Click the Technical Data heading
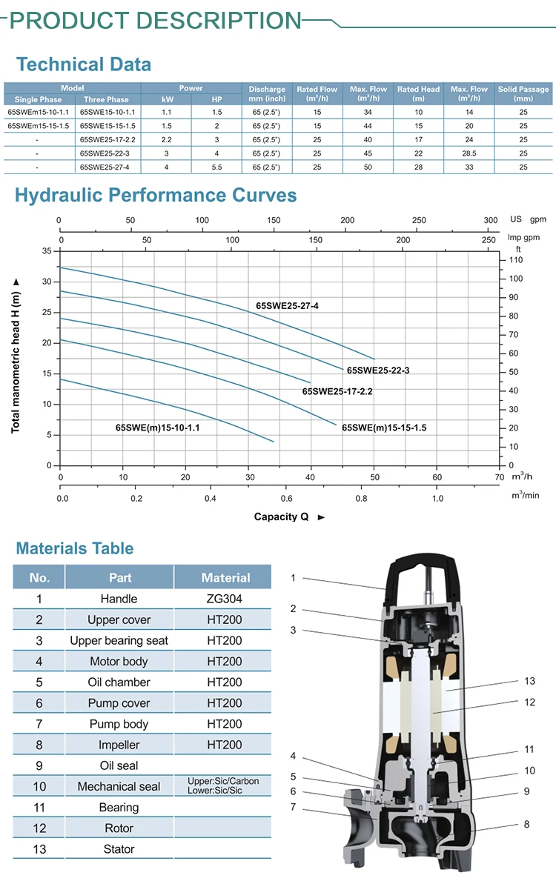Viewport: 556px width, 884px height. click(x=83, y=64)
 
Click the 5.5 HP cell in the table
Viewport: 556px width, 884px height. click(x=216, y=167)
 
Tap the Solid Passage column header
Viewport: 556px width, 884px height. click(x=523, y=93)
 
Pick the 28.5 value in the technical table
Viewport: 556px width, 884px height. click(x=469, y=153)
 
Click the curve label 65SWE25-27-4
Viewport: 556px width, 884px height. click(x=287, y=305)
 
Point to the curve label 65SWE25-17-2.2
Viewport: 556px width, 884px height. click(x=337, y=391)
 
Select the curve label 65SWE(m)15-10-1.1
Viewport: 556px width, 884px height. click(x=157, y=428)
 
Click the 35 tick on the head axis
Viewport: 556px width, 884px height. click(x=47, y=251)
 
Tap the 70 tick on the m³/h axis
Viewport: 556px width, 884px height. click(x=499, y=478)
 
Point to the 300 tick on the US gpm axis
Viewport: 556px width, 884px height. click(x=491, y=220)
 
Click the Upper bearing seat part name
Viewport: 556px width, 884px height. click(x=119, y=640)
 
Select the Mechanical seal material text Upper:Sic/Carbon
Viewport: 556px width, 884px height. click(x=224, y=782)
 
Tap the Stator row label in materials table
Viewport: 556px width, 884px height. click(x=119, y=849)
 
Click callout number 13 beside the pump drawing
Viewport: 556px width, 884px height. click(x=529, y=681)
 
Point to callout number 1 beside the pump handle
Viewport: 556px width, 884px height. click(x=293, y=578)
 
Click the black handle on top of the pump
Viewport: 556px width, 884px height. click(x=415, y=571)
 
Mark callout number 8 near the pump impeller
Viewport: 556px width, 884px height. click(x=526, y=823)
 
